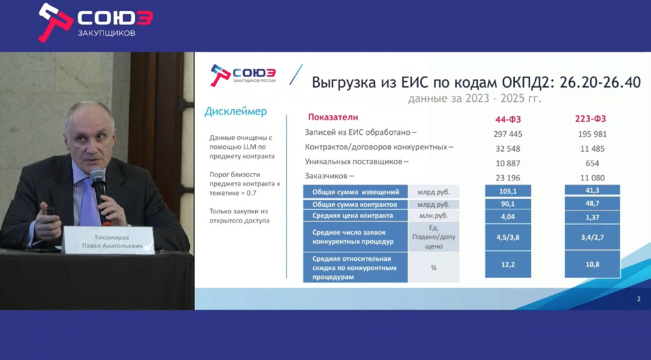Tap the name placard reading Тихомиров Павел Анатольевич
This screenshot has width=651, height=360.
[109, 240]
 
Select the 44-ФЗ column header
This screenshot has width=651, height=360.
[508, 120]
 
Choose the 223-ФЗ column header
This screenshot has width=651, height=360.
[590, 119]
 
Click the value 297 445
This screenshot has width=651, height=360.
[508, 134]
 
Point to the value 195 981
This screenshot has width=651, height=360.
[592, 134]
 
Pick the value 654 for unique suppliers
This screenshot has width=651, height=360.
[592, 163]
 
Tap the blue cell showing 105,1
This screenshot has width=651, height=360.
[508, 191]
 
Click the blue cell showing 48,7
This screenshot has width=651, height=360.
[592, 203]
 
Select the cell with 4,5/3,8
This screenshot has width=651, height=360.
[508, 237]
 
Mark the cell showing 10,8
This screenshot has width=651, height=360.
[592, 264]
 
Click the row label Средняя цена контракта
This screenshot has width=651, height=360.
[352, 215]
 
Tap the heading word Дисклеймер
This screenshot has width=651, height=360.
[235, 112]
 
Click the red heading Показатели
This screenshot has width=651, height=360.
[333, 117]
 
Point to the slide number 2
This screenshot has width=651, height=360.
[639, 299]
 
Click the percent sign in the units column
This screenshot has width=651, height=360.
[434, 268]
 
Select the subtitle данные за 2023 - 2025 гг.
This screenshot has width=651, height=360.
[475, 98]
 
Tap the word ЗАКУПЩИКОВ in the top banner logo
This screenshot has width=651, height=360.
[107, 33]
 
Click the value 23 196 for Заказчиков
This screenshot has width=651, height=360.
[508, 178]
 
